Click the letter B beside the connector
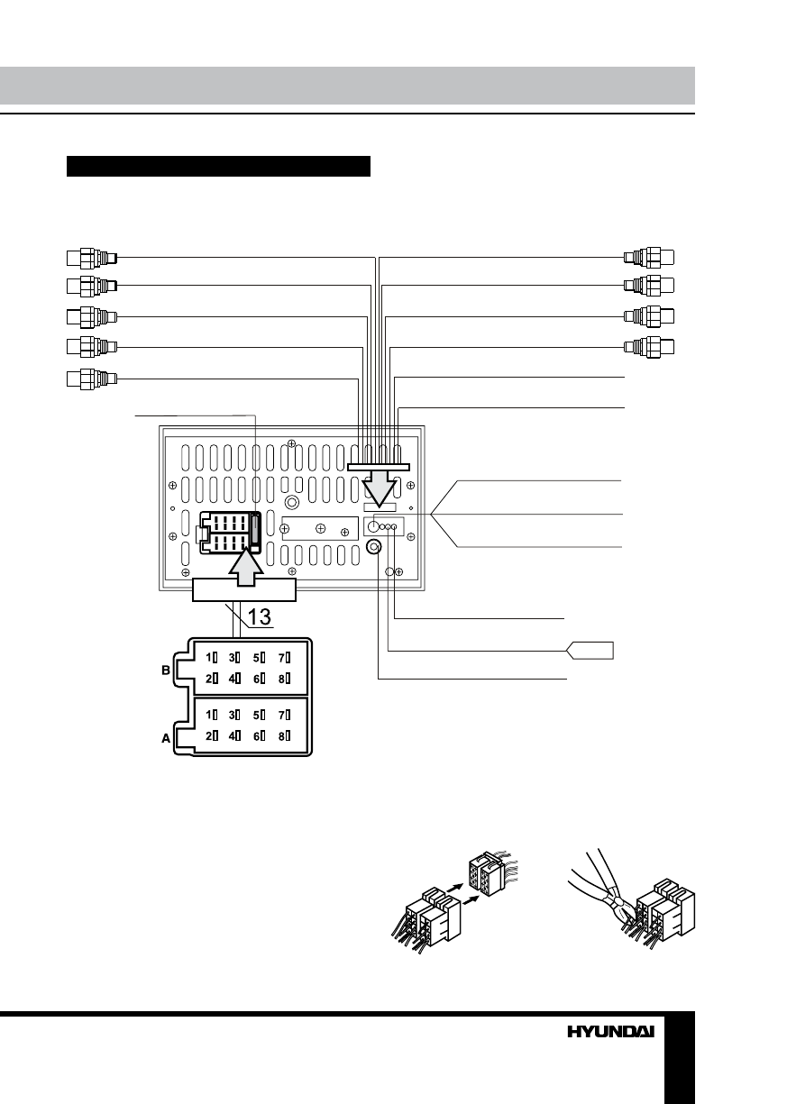pyautogui.click(x=166, y=671)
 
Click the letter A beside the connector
pyautogui.click(x=166, y=737)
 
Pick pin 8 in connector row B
pyautogui.click(x=285, y=678)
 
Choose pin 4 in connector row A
pyautogui.click(x=235, y=736)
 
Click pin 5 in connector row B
pyautogui.click(x=261, y=657)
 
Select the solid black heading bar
pyautogui.click(x=219, y=166)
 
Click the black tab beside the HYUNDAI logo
pyautogui.click(x=680, y=1055)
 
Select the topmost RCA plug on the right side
pyautogui.click(x=649, y=258)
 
